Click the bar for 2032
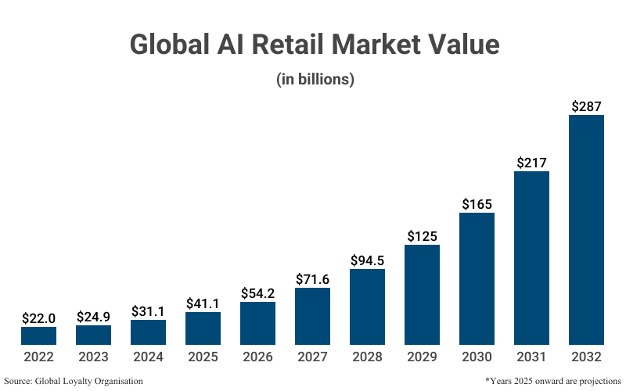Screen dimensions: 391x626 pyautogui.click(x=586, y=230)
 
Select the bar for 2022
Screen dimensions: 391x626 pyautogui.click(x=38, y=336)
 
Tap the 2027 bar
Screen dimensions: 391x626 pyautogui.click(x=312, y=317)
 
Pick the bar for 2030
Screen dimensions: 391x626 pyautogui.click(x=477, y=279)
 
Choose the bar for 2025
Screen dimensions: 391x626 pyautogui.click(x=203, y=328)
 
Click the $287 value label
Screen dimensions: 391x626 pyautogui.click(x=586, y=105)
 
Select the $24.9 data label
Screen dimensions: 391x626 pyautogui.click(x=93, y=316)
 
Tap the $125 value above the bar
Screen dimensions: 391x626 pyautogui.click(x=422, y=235)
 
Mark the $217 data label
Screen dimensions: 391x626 pyautogui.click(x=531, y=162)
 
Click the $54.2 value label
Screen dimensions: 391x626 pyautogui.click(x=257, y=292)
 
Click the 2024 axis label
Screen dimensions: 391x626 pyautogui.click(x=148, y=357)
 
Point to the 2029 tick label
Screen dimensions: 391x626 pyautogui.click(x=422, y=357)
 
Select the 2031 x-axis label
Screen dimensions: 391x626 pyautogui.click(x=531, y=357)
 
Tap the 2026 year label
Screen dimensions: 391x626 pyautogui.click(x=257, y=357)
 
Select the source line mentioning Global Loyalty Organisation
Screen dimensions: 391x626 pyautogui.click(x=74, y=381)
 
